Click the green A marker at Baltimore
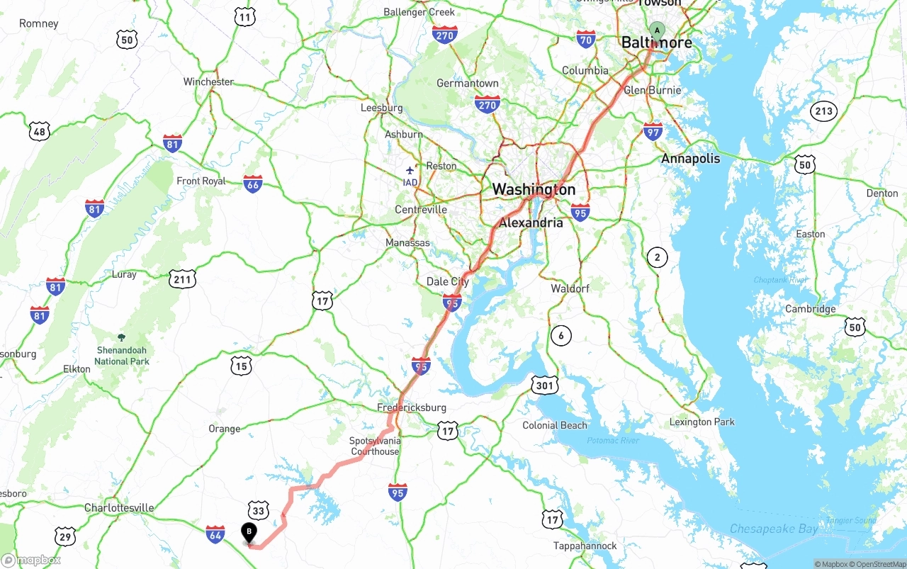pos(657,30)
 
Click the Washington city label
pos(534,189)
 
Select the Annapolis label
pos(690,159)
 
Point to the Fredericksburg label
pos(411,407)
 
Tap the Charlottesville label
pos(119,508)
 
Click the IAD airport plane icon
pos(410,170)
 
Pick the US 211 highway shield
pos(183,278)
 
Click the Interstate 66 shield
pos(253,184)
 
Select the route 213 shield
pos(824,111)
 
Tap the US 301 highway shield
pos(544,385)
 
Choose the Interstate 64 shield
pos(215,534)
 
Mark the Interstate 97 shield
pos(653,131)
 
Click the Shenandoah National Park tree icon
pos(121,337)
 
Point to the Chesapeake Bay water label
pos(774,529)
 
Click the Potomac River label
pos(613,441)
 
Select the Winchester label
pos(208,81)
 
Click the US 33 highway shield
pos(259,510)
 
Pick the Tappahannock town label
pos(585,546)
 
